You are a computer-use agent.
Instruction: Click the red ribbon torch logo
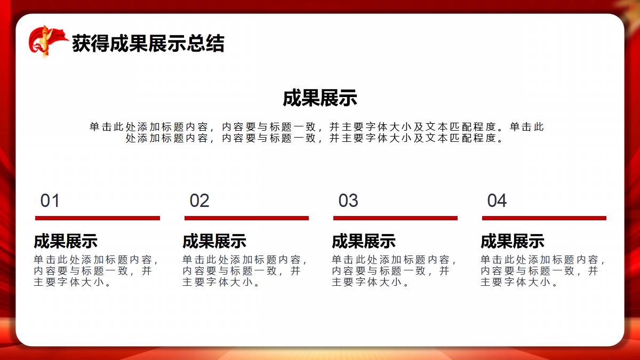tap(48, 42)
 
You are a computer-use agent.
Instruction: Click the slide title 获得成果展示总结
tap(148, 43)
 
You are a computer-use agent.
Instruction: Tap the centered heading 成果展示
tap(320, 98)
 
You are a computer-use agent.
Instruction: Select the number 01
tap(50, 201)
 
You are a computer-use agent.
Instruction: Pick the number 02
tap(199, 201)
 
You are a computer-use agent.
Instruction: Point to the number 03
tap(348, 201)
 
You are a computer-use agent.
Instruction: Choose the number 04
tap(497, 201)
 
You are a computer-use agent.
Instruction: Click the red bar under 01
tap(98, 218)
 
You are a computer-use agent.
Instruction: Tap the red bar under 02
tap(246, 218)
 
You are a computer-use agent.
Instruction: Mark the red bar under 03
tap(395, 218)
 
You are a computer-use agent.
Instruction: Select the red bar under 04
tap(545, 218)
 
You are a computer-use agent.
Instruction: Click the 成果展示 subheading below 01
tap(66, 241)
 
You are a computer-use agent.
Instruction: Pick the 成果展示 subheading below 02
tap(214, 241)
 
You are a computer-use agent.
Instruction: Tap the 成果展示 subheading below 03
tap(364, 241)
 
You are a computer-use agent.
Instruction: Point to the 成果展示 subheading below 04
tap(513, 241)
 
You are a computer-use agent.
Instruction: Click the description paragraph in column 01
tap(95, 271)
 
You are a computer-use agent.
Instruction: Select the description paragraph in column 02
tap(245, 271)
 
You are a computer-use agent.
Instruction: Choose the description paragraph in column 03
tap(394, 271)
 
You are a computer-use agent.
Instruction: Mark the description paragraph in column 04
tap(542, 271)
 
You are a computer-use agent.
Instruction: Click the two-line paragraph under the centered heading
tap(317, 133)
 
